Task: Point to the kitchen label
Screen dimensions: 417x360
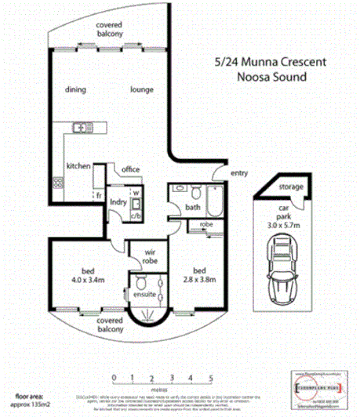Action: click(x=78, y=166)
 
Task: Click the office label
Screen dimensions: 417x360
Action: click(x=130, y=169)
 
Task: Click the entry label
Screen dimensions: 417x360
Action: click(x=238, y=173)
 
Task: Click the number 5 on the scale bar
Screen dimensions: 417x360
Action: click(x=211, y=378)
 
